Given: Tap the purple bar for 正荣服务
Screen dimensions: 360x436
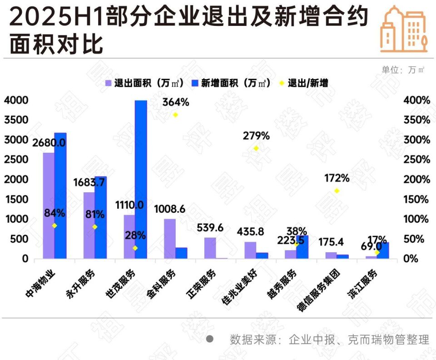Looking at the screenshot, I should [210, 248].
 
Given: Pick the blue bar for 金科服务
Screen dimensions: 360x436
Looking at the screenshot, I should [181, 253].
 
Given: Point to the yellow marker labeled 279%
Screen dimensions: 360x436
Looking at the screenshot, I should [256, 148].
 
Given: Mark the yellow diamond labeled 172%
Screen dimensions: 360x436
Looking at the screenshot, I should [337, 191].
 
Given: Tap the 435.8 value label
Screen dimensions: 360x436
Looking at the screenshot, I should [250, 231].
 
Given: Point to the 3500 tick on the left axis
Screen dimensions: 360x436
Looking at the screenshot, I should [16, 120].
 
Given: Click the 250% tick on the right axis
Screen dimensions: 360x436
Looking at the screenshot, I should [416, 160].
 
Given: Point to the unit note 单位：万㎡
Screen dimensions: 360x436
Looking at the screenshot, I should [403, 70].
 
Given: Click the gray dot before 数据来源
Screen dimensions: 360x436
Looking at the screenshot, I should [210, 339].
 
